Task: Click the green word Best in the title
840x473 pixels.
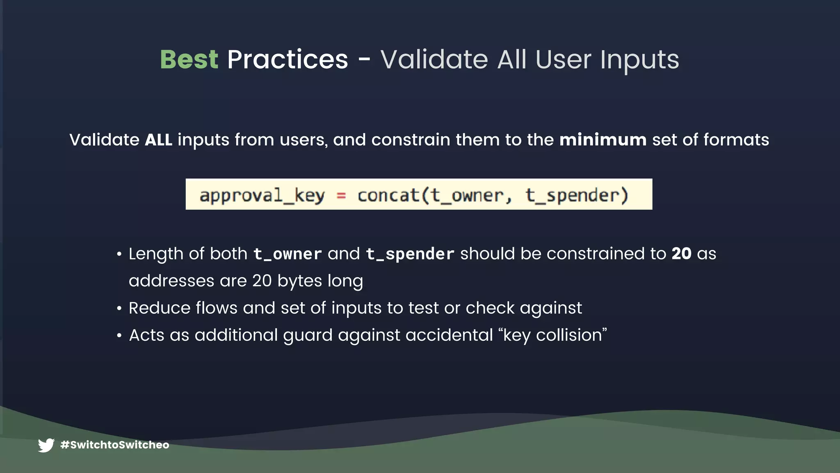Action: pos(189,60)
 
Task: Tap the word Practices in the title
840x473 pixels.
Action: pos(288,60)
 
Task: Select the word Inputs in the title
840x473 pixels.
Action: pos(639,60)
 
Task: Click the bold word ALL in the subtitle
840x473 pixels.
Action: pos(158,140)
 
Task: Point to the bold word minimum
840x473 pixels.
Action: pos(603,140)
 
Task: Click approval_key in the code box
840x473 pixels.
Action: pos(262,195)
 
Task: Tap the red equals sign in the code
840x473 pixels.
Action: pos(341,196)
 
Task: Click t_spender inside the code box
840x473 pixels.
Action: pos(577,195)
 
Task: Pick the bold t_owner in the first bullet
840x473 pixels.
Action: pos(287,254)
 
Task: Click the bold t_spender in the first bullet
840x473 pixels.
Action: pos(410,254)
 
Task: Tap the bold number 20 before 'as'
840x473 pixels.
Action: pos(681,254)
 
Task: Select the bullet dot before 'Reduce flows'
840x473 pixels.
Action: pos(119,308)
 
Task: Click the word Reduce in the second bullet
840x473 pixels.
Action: pos(160,308)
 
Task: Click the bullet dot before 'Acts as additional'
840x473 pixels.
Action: pos(119,336)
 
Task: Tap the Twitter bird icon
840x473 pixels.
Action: pos(46,445)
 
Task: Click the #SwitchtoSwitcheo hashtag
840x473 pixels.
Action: pos(114,445)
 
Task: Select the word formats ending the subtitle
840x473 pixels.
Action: pos(736,140)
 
